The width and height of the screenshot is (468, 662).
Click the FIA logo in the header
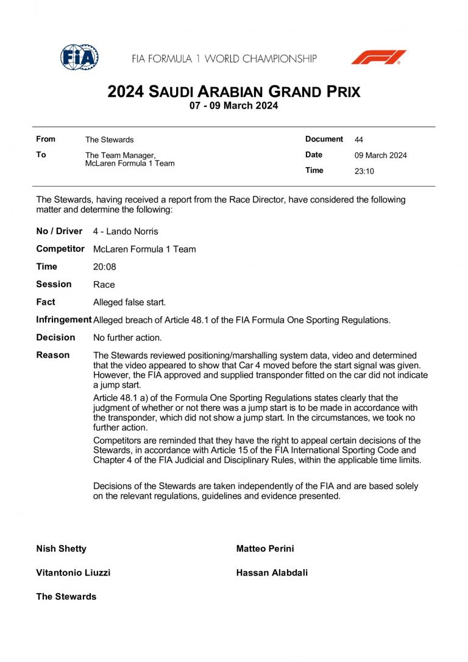click(79, 57)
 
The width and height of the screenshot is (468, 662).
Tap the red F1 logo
click(378, 57)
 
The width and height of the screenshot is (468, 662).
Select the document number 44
click(359, 140)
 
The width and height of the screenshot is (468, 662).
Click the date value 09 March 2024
click(381, 155)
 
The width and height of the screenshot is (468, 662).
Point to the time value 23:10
click(364, 171)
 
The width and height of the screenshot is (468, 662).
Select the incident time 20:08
click(104, 267)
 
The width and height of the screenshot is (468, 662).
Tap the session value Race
click(104, 285)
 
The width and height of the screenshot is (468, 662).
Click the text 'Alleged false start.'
click(129, 302)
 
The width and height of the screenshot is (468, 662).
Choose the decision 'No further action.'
click(127, 338)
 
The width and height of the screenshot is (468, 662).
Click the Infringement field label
click(64, 319)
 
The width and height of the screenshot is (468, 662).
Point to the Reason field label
click(53, 355)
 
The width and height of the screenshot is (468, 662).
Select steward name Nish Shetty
click(61, 549)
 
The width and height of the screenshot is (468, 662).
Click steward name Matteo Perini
click(265, 549)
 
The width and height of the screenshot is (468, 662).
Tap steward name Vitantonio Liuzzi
click(73, 573)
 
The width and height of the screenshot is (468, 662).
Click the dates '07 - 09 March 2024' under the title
click(234, 106)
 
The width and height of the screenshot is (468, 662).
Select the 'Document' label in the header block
click(324, 139)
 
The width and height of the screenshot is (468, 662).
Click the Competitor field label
click(60, 249)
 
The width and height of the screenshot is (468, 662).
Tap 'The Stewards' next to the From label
click(109, 140)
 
